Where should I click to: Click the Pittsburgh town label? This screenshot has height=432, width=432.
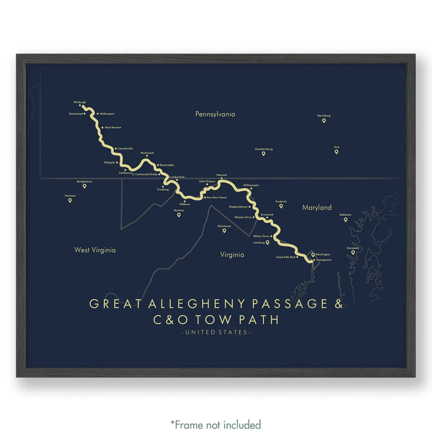(80, 102)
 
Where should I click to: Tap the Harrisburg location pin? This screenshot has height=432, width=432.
(324, 120)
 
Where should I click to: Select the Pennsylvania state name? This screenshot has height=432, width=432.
(215, 114)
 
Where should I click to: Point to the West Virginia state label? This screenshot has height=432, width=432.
(95, 250)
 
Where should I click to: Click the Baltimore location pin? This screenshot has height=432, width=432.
(346, 219)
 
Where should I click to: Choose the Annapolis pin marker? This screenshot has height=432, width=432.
(353, 252)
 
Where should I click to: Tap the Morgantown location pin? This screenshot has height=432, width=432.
(84, 186)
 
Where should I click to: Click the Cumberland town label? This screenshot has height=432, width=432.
(177, 177)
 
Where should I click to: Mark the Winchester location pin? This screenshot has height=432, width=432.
(224, 230)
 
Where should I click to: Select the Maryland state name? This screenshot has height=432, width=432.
(317, 207)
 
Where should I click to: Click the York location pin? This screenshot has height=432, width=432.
(336, 152)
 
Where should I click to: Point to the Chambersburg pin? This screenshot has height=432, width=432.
(264, 154)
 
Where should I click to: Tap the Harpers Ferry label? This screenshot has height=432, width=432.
(243, 217)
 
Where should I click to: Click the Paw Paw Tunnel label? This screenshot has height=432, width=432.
(217, 197)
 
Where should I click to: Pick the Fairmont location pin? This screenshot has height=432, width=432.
(70, 200)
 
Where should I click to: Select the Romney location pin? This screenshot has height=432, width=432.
(179, 215)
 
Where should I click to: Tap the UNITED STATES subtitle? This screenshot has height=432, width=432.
(216, 332)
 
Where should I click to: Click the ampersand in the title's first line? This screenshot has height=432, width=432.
(338, 304)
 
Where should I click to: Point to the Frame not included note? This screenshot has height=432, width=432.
(216, 424)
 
